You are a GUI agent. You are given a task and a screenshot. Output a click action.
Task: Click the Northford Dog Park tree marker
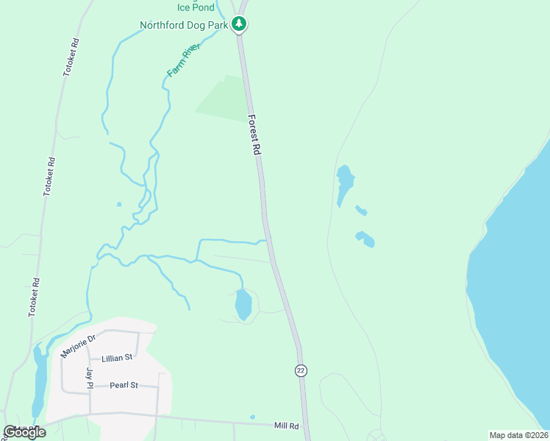point(238,24)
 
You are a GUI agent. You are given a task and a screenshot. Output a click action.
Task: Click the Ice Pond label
point(196,7)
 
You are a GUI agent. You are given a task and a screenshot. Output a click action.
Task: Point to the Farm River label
point(183,60)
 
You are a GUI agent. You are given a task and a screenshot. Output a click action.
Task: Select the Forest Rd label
point(255,134)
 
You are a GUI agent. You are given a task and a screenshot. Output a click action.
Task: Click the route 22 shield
point(300,370)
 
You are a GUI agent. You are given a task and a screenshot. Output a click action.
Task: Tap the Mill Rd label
point(286,426)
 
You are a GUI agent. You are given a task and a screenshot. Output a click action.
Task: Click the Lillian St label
point(117,357)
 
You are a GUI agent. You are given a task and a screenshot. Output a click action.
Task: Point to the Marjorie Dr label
point(79,346)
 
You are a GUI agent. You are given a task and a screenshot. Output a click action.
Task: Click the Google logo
point(25,432)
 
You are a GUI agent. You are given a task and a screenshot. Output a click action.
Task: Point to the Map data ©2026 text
point(518,435)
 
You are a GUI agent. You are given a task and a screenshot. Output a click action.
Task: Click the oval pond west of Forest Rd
point(243,304)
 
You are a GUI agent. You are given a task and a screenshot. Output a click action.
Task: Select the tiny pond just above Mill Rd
point(252,417)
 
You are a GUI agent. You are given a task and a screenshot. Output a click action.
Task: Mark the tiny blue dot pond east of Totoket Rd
point(119,204)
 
